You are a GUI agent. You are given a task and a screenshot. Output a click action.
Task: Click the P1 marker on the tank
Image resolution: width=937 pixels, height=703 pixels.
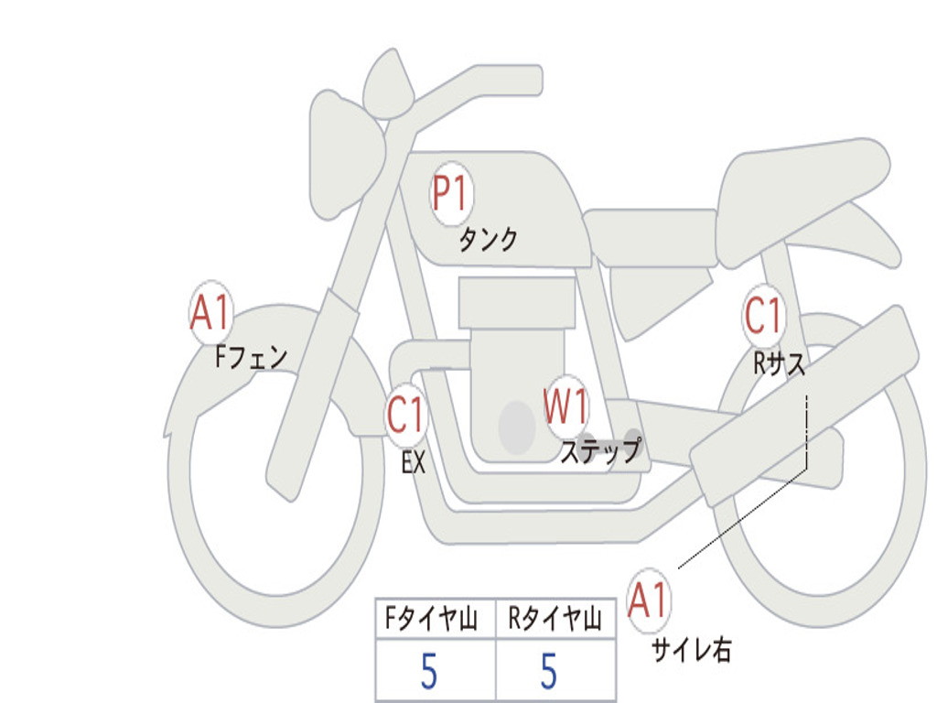pos(450,195)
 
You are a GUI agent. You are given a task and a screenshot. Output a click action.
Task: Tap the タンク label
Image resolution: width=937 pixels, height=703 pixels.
pos(488,240)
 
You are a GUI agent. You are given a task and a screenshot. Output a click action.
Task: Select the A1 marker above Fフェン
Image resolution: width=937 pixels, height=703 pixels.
pos(211,314)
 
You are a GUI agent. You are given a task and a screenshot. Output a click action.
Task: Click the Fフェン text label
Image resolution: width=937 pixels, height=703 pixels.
pos(251,356)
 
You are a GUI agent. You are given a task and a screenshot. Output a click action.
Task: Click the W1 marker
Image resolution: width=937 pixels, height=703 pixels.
pos(566,407)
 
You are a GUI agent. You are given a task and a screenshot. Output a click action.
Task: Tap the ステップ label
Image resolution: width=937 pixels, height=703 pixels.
pos(600,450)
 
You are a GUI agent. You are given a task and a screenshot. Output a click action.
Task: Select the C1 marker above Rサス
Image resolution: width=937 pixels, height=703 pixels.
pos(763,317)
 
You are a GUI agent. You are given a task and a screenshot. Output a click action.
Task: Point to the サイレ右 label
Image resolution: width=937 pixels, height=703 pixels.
pos(691,649)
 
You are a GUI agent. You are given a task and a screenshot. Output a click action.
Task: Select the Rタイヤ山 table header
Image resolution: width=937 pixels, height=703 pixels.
pos(555,621)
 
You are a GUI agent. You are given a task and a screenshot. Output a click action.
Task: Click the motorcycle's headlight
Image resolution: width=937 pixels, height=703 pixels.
pos(344,151)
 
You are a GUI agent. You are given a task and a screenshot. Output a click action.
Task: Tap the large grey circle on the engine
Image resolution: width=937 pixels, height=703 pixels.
pos(517,427)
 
